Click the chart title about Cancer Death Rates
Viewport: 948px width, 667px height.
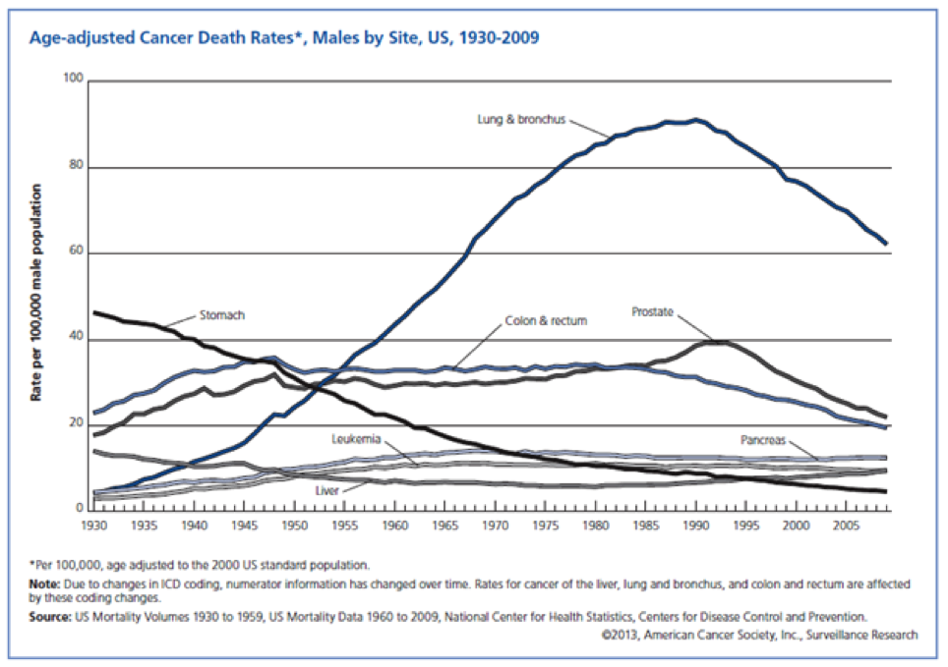285,38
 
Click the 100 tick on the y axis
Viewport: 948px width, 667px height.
72,79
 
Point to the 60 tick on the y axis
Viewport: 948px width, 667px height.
75,252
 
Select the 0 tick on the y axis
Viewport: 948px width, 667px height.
79,509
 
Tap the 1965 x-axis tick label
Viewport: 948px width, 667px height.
444,528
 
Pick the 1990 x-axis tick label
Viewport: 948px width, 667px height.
695,528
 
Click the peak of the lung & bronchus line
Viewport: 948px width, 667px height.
696,120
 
